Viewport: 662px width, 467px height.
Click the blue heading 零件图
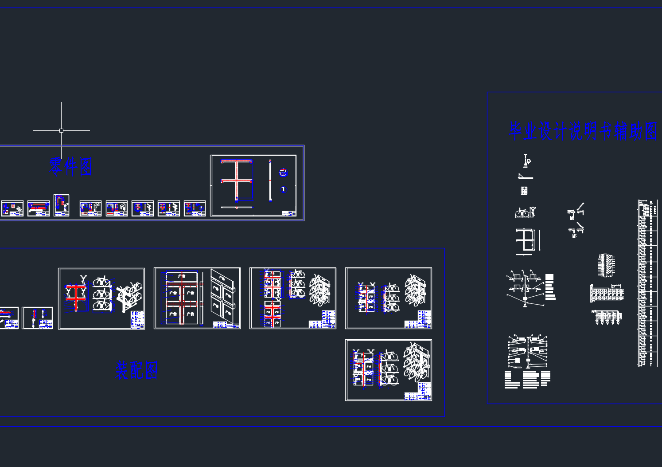70,166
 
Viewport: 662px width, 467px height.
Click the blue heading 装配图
136,370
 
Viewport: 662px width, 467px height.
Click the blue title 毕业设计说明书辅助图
583,131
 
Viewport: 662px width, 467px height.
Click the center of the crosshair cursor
61,130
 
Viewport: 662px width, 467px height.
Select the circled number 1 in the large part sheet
283,189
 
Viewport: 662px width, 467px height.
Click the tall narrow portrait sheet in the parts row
61,205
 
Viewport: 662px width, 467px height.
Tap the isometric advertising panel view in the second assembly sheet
225,295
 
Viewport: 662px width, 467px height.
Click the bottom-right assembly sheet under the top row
388,370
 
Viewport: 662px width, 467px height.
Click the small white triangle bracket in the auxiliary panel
525,177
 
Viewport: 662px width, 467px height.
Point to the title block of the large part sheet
289,213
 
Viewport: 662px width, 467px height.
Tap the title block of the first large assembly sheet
137,319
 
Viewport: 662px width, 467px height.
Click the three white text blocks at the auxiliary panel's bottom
527,380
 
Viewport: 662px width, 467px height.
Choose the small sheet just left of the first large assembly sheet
37,318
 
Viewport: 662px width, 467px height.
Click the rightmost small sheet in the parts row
195,208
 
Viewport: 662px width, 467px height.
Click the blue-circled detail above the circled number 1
283,173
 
